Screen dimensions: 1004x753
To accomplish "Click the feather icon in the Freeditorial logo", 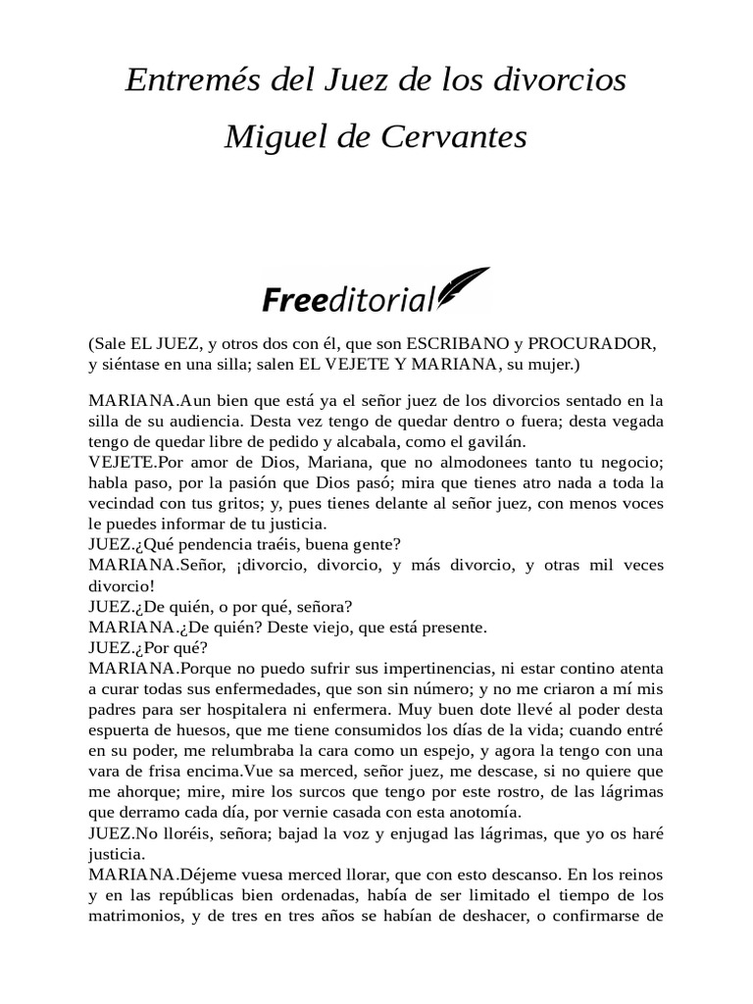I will [x=463, y=288].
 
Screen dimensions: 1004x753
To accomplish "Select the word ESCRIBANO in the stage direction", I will [x=457, y=345].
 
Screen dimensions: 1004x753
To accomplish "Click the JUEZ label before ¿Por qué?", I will [x=109, y=647].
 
